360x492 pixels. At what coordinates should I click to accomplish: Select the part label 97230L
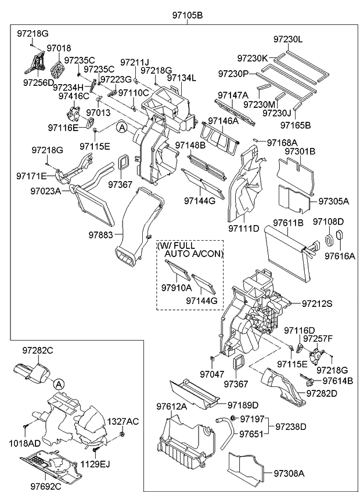pos(289,39)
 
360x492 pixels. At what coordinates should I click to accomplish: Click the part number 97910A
pos(176,287)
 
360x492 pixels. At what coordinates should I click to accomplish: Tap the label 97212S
pos(317,303)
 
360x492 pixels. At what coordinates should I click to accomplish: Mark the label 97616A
pos(340,255)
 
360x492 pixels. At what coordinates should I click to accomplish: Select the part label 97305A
pos(334,201)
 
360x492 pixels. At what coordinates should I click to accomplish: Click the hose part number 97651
pos(252,434)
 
